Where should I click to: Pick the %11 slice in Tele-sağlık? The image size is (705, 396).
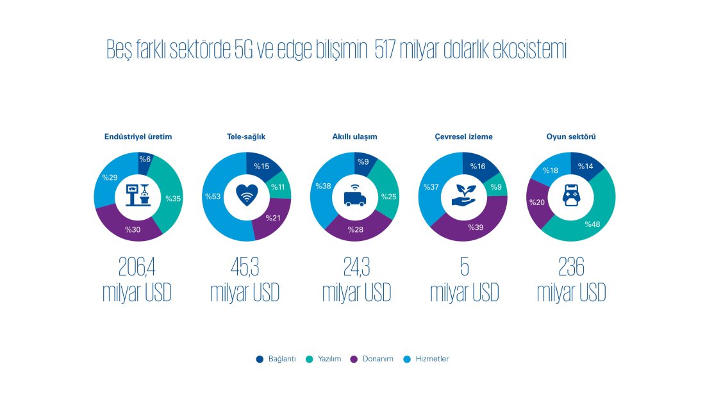tap(279, 187)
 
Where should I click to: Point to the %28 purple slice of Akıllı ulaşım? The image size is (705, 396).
tap(356, 228)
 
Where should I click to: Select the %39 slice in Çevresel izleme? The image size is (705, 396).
tap(474, 227)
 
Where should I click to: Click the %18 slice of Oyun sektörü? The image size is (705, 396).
tap(552, 170)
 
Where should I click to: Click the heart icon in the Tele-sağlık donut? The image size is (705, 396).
tap(246, 195)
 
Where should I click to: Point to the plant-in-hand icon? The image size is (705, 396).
tap(462, 195)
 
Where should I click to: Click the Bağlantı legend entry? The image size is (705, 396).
tap(276, 359)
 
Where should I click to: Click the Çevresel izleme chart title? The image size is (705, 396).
tap(463, 136)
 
